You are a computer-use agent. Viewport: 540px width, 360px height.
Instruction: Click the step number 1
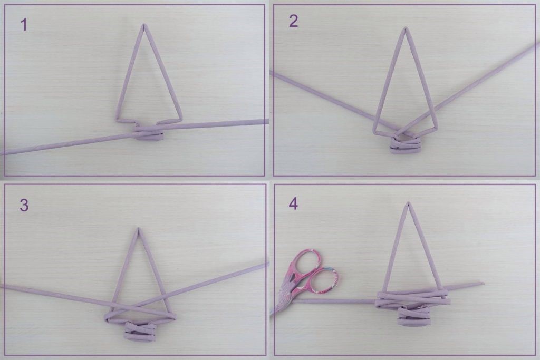[x=24, y=25]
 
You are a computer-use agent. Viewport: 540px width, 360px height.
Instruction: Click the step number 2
[x=293, y=21]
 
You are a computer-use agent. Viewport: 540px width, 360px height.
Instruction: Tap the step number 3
[x=24, y=206]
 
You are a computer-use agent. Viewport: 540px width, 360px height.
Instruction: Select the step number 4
[x=293, y=204]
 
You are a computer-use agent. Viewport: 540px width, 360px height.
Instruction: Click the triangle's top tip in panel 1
[x=144, y=25]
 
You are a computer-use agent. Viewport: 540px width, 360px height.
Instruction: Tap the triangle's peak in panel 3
[x=138, y=228]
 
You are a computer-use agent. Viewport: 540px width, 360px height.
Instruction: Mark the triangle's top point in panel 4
[x=409, y=203]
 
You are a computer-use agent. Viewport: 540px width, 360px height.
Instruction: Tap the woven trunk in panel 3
[x=139, y=331]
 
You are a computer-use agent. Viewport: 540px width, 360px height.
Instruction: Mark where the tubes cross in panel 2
[x=403, y=132]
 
